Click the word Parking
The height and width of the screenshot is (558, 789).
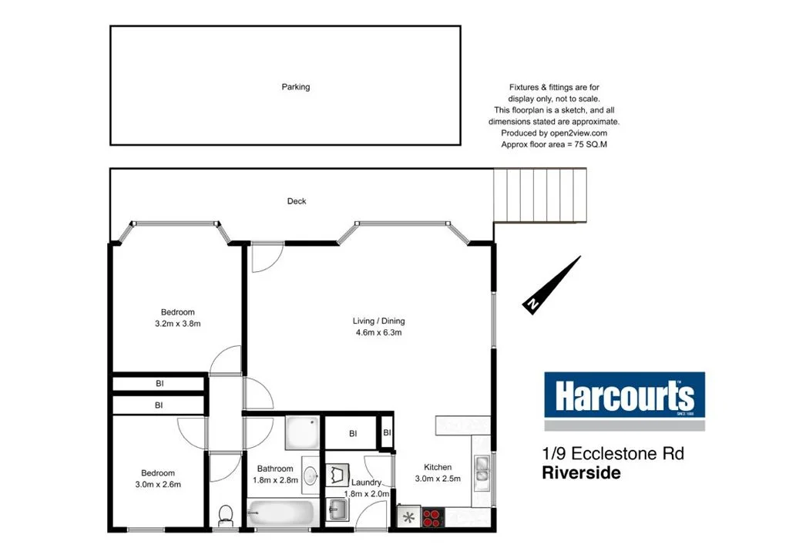pos(295,87)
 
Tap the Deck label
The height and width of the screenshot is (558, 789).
pos(297,201)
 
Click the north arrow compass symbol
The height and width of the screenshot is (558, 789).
pos(552,285)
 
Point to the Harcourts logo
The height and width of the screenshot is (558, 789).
pos(624,397)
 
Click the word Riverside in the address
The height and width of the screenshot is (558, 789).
pos(582,473)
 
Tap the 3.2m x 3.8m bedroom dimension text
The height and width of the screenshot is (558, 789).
pos(178,324)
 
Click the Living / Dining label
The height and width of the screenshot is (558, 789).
pos(378,321)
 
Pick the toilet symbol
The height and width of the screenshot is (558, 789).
pos(226,515)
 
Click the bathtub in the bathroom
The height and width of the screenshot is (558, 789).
pos(281,513)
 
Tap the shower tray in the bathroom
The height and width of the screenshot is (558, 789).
pos(300,433)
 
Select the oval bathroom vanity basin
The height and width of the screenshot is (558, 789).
pos(309,476)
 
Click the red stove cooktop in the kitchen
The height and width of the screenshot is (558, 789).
pos(432,516)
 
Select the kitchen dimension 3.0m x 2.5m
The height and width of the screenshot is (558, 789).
pos(438,479)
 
